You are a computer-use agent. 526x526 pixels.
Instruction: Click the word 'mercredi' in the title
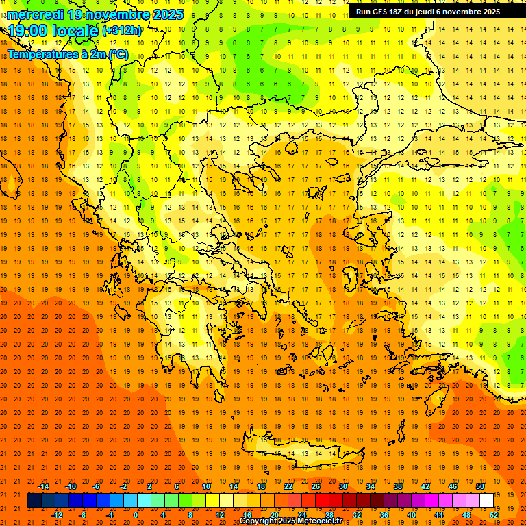[x=35, y=14]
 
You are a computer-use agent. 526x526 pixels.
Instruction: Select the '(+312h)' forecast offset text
[x=122, y=31]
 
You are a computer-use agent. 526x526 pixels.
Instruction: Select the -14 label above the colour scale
[x=43, y=486]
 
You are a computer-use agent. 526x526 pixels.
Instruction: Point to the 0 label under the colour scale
[x=136, y=515]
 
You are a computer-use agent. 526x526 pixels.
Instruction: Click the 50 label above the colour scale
[x=480, y=486]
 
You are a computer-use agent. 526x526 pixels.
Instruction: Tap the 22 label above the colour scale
[x=288, y=486]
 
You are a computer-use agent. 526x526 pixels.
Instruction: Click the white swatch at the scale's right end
[x=487, y=501]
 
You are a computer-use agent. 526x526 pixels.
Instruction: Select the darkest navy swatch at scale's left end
[x=34, y=501]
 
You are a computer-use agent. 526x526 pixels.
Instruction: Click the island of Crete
[x=301, y=453]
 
